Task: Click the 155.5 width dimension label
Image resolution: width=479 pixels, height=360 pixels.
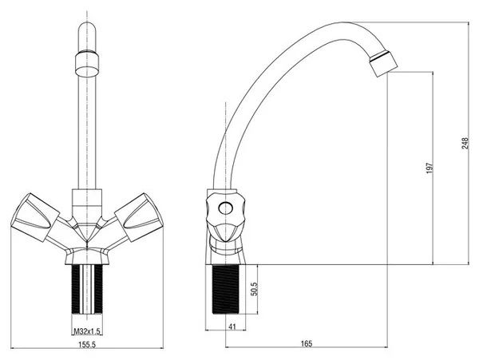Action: pyautogui.click(x=87, y=344)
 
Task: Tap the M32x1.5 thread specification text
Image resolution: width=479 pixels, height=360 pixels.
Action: pyautogui.click(x=87, y=331)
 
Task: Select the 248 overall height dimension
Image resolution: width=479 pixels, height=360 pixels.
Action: pyautogui.click(x=465, y=143)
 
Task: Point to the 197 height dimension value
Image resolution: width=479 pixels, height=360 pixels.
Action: pyautogui.click(x=430, y=168)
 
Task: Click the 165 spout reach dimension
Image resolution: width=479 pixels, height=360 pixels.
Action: pyautogui.click(x=307, y=344)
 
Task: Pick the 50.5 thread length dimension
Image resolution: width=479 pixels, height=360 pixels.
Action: pyautogui.click(x=254, y=289)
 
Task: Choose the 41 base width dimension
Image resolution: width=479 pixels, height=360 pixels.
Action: pyautogui.click(x=232, y=326)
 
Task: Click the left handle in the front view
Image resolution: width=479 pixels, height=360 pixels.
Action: pyautogui.click(x=34, y=217)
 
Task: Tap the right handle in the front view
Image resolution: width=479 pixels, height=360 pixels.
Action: pyautogui.click(x=139, y=217)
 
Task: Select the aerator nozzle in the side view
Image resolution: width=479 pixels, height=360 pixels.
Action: pyautogui.click(x=383, y=63)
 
